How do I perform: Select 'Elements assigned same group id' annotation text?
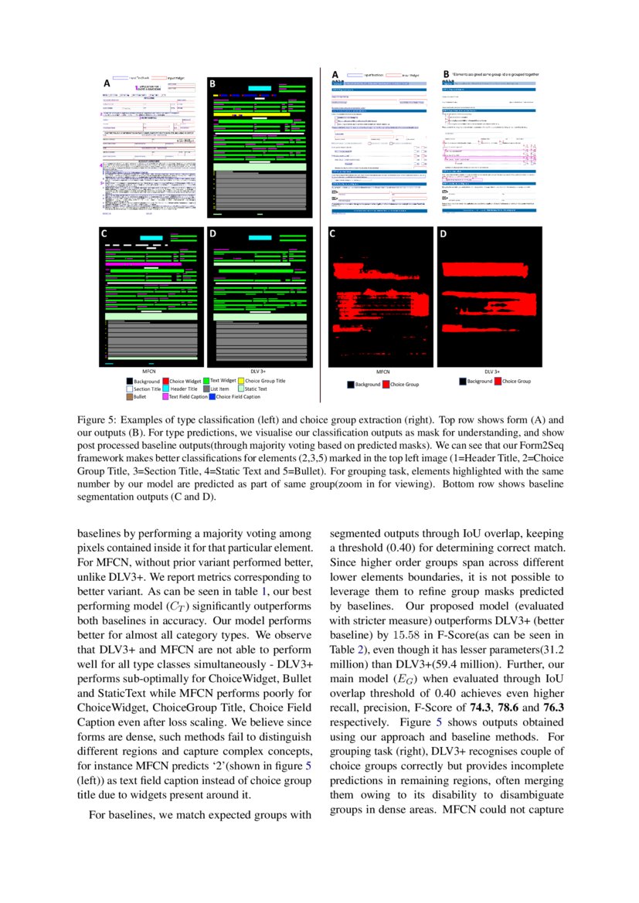(495, 74)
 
